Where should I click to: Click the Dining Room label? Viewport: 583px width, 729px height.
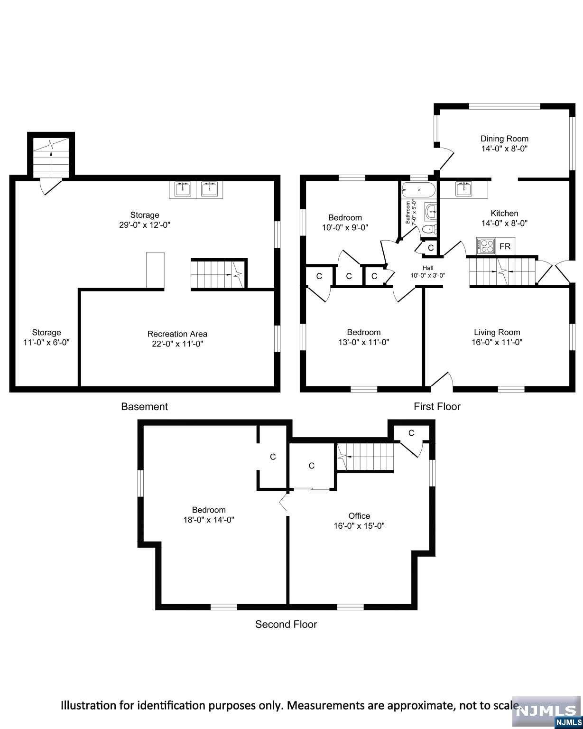(504, 139)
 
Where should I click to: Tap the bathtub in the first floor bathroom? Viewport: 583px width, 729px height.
(418, 190)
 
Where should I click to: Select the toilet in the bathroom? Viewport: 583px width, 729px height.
(429, 230)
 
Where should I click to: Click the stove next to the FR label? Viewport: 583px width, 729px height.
(486, 246)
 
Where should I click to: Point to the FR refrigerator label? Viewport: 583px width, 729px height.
(505, 246)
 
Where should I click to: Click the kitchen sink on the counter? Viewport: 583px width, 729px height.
(463, 188)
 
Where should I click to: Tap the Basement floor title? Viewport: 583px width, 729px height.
(144, 406)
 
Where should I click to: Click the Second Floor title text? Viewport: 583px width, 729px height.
(286, 624)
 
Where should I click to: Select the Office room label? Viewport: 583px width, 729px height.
(359, 516)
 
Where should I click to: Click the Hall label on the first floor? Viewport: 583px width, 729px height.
(428, 268)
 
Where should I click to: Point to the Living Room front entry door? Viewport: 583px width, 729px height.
(441, 380)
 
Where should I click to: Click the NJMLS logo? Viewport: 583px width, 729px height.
(547, 712)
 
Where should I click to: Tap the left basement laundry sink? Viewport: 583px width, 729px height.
(182, 189)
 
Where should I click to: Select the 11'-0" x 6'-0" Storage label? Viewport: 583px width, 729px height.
(46, 342)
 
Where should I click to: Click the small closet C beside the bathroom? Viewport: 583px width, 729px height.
(431, 247)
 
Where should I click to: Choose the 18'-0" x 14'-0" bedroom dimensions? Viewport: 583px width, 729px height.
(209, 520)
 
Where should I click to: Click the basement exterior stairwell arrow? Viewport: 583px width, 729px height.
(51, 147)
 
